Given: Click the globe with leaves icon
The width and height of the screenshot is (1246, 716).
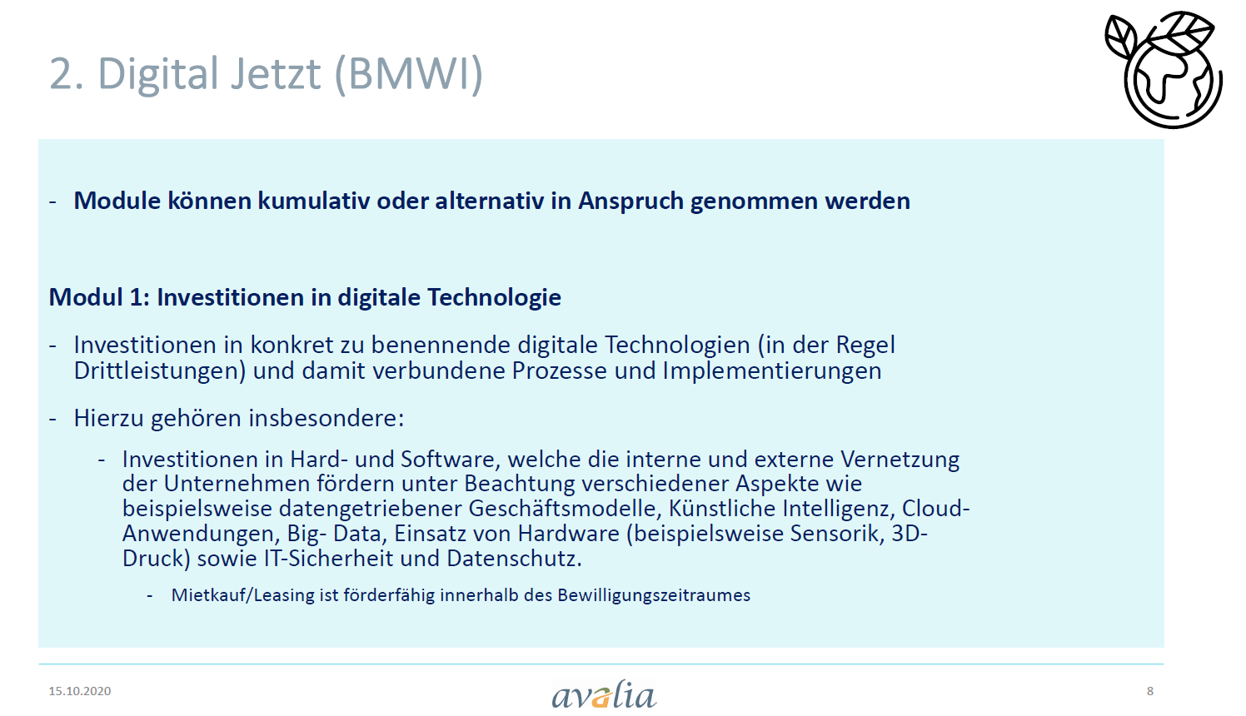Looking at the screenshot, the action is [x=1164, y=69].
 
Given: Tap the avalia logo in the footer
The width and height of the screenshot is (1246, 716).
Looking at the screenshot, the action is [x=604, y=694].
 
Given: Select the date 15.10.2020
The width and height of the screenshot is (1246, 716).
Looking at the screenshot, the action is [x=80, y=691].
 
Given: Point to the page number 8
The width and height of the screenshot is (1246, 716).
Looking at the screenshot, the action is [x=1149, y=691].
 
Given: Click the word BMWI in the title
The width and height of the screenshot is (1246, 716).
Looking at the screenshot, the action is [x=408, y=73].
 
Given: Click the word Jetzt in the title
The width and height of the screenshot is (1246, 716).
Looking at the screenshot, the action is [x=275, y=73].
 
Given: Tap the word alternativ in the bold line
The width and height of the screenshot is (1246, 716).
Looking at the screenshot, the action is [x=489, y=201].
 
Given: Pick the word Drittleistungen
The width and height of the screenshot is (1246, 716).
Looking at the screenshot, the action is [x=160, y=370].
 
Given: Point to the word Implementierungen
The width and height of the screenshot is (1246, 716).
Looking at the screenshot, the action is [x=771, y=371].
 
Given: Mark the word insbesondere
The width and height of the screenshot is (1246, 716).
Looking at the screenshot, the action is [x=326, y=418].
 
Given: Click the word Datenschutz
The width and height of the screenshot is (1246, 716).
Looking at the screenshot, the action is [x=514, y=559].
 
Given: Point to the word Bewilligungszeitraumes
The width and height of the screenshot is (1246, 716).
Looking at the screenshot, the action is [x=654, y=595].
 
